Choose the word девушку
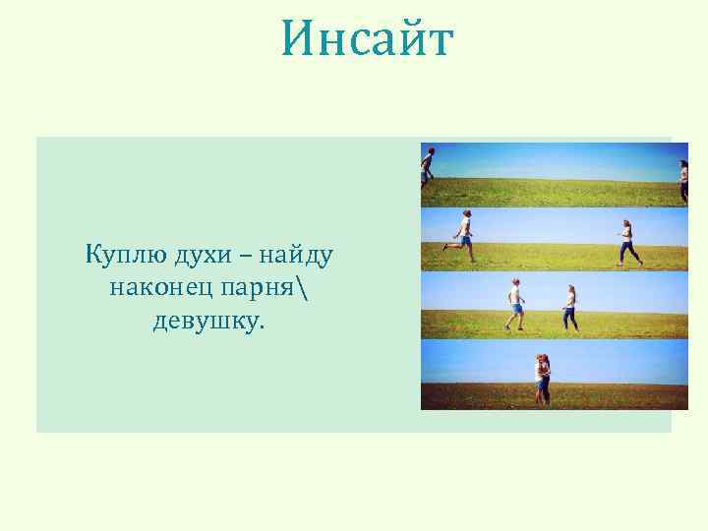tap(208, 321)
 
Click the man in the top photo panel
tap(427, 166)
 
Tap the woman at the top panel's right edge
tap(683, 180)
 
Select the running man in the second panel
tap(463, 236)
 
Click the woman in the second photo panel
tap(626, 242)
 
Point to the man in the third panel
tap(515, 303)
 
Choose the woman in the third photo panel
tap(570, 307)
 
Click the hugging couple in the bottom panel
tap(542, 379)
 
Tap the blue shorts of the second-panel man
tap(465, 239)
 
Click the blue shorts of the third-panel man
tap(516, 308)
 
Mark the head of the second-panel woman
tap(625, 224)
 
